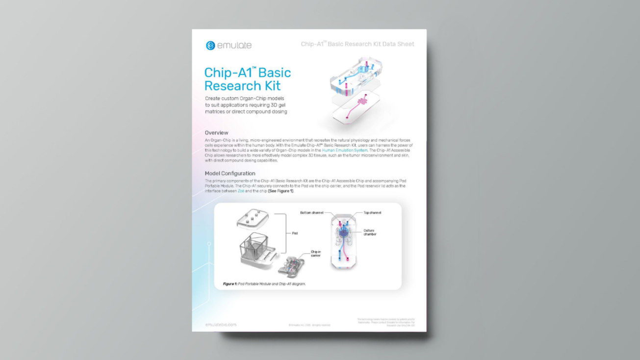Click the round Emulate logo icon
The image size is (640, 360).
tap(210, 46)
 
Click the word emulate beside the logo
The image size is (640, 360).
tap(234, 46)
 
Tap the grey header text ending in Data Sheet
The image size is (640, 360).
tap(358, 44)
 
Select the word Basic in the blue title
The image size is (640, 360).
tap(274, 73)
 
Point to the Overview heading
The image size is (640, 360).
tap(216, 133)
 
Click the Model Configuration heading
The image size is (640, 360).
tap(230, 174)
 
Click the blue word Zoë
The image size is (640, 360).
tap(241, 191)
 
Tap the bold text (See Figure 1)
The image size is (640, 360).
tap(281, 191)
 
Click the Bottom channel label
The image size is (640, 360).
tap(311, 213)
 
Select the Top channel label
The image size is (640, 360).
tap(372, 213)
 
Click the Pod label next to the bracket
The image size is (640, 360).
tap(295, 233)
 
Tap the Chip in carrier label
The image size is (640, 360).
tap(315, 254)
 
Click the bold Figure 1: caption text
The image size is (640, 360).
tap(230, 284)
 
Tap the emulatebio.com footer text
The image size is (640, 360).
tap(221, 325)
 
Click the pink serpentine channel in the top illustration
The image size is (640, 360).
tap(363, 102)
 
